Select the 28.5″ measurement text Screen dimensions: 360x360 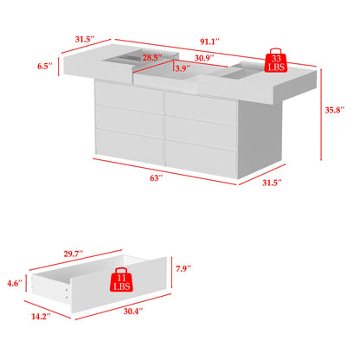[152, 58]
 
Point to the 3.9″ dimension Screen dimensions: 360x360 [182, 68]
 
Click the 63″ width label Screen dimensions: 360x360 [157, 177]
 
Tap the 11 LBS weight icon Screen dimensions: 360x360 [122, 282]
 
